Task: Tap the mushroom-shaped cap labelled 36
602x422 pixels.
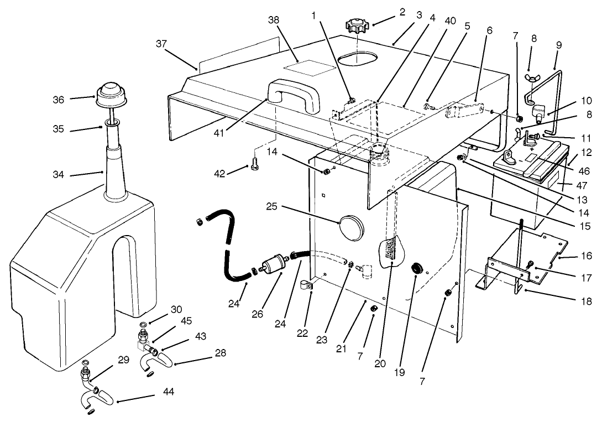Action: tap(112, 97)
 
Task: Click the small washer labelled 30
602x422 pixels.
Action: tap(143, 325)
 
